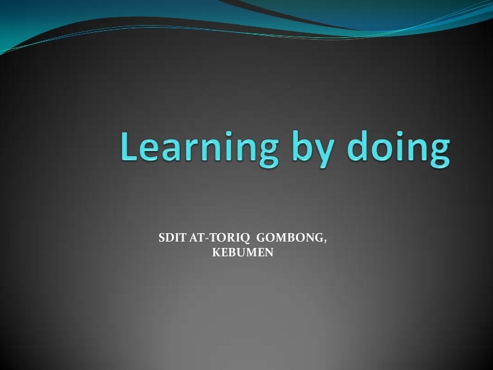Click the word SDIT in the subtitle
click(171, 239)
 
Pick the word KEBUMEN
click(243, 253)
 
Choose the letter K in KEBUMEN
click(216, 253)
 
